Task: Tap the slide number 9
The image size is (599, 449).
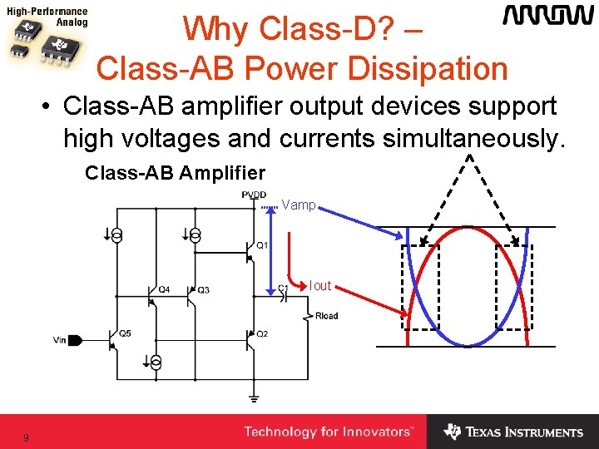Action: [27, 437]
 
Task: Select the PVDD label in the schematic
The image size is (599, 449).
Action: [254, 195]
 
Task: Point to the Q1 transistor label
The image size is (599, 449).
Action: [262, 245]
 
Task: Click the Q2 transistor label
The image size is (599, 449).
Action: [262, 333]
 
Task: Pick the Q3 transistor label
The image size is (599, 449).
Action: [204, 289]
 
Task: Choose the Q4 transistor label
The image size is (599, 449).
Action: [164, 289]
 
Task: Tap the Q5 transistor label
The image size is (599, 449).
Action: [125, 333]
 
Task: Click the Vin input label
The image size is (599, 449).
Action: [59, 339]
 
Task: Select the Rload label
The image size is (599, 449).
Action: [327, 316]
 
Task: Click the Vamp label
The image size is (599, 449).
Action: [299, 205]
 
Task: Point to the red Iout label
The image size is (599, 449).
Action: [320, 286]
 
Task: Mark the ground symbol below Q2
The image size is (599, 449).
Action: [254, 398]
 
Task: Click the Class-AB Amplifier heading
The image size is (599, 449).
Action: [175, 173]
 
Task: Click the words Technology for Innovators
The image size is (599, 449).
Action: [328, 432]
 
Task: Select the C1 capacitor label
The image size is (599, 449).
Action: [283, 289]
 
